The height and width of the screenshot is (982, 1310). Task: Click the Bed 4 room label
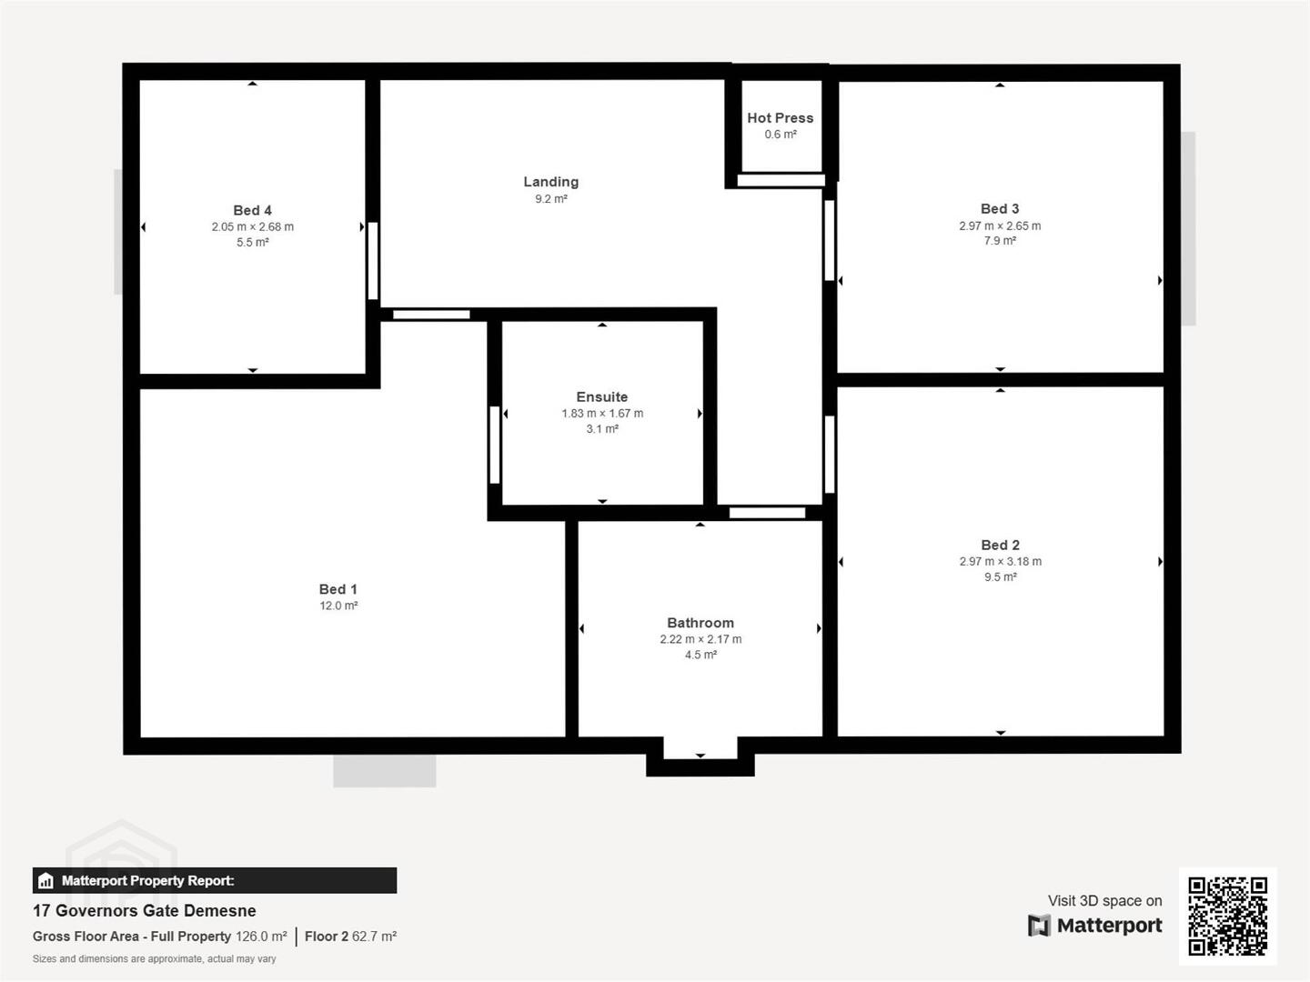click(x=253, y=210)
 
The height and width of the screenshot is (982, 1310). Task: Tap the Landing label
click(x=551, y=182)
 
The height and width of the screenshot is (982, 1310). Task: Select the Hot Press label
click(x=780, y=118)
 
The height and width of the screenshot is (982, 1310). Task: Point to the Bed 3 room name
click(x=1000, y=209)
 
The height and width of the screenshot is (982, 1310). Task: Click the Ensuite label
click(x=602, y=397)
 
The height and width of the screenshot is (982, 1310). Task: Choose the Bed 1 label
click(x=338, y=590)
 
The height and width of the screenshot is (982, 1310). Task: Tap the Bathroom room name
click(x=700, y=623)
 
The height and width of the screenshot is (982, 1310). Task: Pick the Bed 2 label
click(x=1001, y=545)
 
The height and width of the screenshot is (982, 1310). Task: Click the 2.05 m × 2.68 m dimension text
click(x=253, y=226)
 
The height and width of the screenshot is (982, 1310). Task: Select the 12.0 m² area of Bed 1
click(x=338, y=606)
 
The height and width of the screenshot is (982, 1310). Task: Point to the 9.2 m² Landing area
click(x=551, y=198)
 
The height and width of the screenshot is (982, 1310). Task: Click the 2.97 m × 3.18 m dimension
click(x=1001, y=562)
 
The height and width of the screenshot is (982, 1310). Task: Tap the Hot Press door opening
click(x=781, y=180)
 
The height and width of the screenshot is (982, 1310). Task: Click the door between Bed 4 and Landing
click(x=373, y=261)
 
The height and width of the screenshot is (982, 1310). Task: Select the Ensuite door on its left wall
click(x=495, y=445)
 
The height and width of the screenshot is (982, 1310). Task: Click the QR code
click(x=1227, y=917)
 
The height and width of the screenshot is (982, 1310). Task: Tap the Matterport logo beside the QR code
click(x=1095, y=926)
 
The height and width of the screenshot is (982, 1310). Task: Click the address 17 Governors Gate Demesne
click(x=145, y=910)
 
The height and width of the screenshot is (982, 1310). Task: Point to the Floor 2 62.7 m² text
click(x=350, y=937)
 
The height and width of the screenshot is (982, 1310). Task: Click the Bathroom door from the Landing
click(x=768, y=513)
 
